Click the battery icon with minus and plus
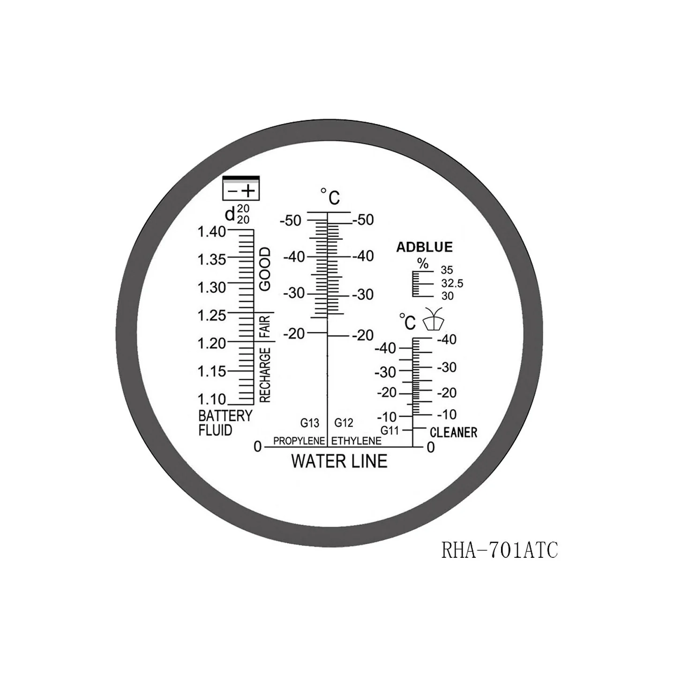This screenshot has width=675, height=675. (241, 189)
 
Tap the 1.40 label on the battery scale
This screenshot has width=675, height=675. (211, 231)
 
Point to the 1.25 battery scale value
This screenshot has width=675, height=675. (211, 315)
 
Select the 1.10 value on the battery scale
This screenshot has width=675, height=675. (211, 399)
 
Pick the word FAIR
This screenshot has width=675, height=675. (265, 327)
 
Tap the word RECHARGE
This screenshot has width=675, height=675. (265, 375)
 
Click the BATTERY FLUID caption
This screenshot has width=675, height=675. (225, 423)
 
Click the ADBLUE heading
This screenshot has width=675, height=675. (424, 247)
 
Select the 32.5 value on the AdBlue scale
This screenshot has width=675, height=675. (452, 283)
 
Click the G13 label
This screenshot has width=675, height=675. (309, 423)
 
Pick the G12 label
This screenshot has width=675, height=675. (344, 423)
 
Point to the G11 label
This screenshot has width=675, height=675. (389, 430)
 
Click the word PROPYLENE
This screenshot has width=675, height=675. (299, 441)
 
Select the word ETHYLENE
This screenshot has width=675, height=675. (356, 441)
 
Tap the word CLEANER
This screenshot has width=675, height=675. (453, 432)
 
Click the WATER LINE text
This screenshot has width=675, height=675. (339, 461)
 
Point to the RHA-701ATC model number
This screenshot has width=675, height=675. (500, 550)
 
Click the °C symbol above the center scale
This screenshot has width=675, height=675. (330, 197)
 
